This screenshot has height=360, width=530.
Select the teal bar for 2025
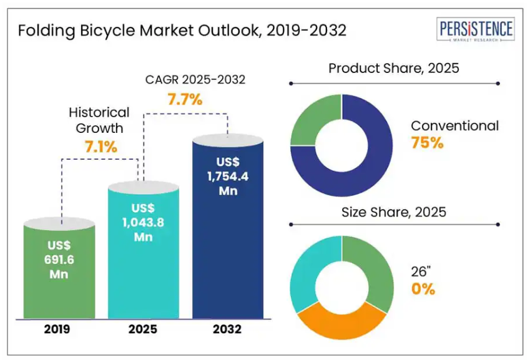point(144,250)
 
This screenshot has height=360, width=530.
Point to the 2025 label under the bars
point(144,329)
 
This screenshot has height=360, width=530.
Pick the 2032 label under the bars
point(227,329)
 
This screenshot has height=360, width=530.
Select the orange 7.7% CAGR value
point(184,99)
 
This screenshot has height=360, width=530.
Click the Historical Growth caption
point(99,120)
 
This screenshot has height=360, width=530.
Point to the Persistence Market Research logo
point(476,30)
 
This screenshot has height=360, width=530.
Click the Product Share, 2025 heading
point(394,68)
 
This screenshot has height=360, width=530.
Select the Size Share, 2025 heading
point(394,212)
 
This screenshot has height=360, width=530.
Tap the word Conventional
point(454,125)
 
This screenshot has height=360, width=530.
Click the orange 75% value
point(427,143)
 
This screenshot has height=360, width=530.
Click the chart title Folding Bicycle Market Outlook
point(182,31)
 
